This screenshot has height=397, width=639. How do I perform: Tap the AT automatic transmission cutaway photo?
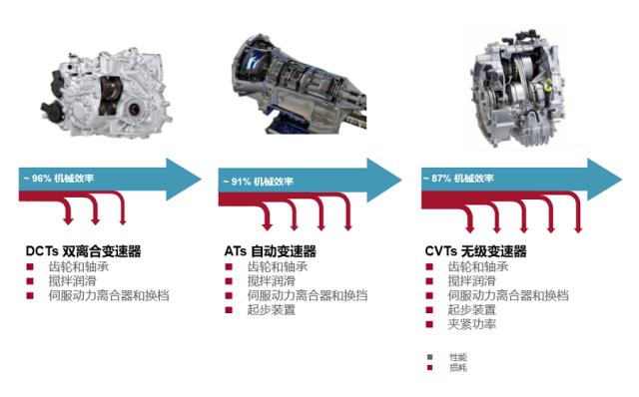tap(300, 84)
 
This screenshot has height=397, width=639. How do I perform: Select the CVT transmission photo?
tap(518, 87)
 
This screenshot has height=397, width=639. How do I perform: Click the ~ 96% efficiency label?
tap(59, 178)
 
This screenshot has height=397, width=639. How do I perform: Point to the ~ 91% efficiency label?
tap(259, 182)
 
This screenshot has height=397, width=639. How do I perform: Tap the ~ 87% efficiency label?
tap(458, 178)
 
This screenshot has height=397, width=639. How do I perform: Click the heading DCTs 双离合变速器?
tap(83, 250)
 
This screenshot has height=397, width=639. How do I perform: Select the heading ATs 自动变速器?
tap(271, 250)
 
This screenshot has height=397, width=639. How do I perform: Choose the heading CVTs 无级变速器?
tap(475, 250)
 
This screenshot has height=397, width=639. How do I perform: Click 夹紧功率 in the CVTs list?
tap(472, 324)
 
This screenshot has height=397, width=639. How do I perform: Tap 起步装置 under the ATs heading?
tap(272, 310)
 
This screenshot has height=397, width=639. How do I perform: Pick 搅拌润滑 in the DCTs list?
tap(73, 281)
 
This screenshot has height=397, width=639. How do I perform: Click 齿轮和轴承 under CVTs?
tap(478, 266)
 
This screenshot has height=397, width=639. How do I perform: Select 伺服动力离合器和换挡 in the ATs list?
tap(308, 295)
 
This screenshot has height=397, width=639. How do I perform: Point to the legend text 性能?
tap(458, 357)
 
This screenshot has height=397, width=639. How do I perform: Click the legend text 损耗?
tap(458, 367)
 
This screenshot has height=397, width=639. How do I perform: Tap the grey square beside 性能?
tap(429, 357)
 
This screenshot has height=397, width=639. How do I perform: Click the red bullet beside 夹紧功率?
tap(429, 324)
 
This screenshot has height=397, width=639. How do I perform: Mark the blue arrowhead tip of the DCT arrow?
tap(202, 180)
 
